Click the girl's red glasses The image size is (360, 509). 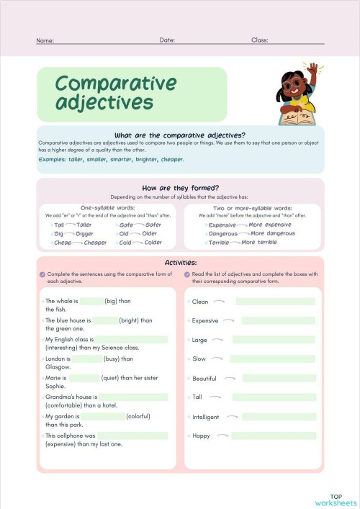click(x=290, y=84)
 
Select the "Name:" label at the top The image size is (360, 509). click(x=45, y=40)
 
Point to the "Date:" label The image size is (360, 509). click(x=167, y=40)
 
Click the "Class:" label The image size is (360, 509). click(x=260, y=40)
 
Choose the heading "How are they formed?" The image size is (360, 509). click(x=180, y=188)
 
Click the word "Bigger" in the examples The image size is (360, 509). click(x=85, y=234)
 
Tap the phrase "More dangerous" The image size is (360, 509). click(x=272, y=234)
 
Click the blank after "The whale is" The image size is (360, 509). click(x=91, y=302)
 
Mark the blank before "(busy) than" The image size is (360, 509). click(x=87, y=359)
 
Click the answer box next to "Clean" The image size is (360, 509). click(x=275, y=302)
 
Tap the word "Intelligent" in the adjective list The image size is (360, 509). click(x=206, y=417)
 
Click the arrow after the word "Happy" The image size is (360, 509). click(x=222, y=436)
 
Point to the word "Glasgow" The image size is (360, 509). click(x=58, y=366)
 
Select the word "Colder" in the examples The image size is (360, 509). click(x=153, y=243)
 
